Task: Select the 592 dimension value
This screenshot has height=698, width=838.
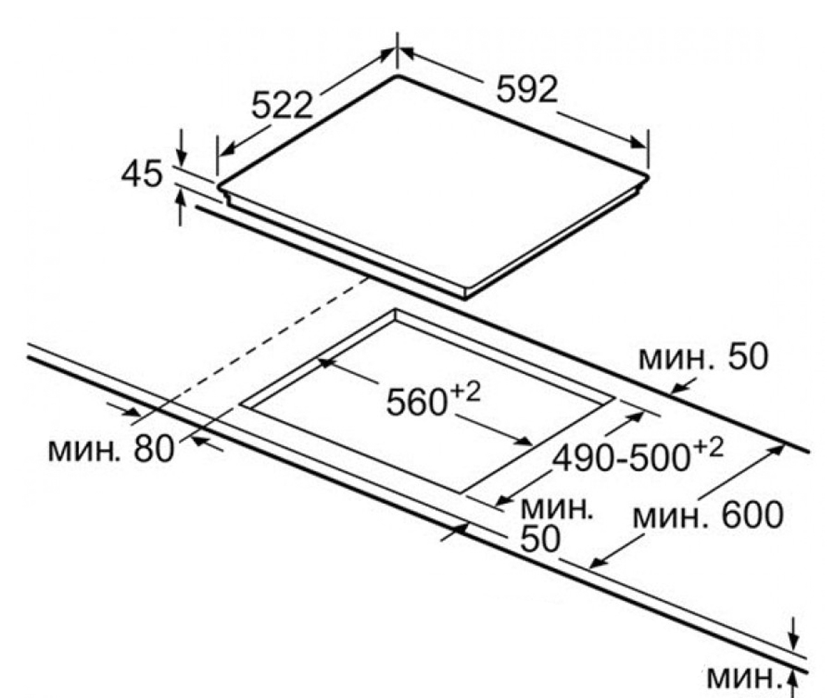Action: (527, 89)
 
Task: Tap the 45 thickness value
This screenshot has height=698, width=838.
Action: (142, 174)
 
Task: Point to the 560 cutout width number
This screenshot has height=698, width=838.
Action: (416, 402)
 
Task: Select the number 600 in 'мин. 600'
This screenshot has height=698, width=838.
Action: (753, 515)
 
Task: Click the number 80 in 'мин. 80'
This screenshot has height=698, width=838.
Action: (154, 449)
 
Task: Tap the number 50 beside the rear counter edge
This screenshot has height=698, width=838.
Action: (748, 357)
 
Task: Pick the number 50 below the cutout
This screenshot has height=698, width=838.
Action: (540, 539)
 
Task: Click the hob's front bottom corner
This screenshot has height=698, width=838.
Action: (465, 299)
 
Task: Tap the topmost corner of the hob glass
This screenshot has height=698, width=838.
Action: (397, 75)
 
